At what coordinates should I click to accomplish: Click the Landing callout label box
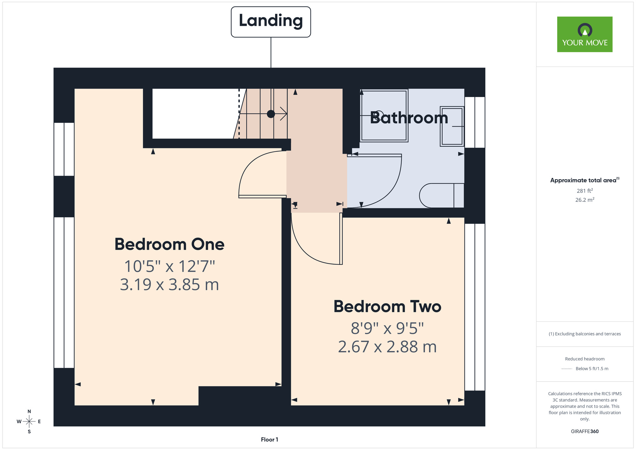coord(271,22)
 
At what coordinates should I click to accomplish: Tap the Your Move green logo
coord(584,34)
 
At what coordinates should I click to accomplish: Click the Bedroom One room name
coord(169,244)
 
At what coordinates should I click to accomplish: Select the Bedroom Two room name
coord(387,306)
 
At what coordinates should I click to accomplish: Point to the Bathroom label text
coord(409,118)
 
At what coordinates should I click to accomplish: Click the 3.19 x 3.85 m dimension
coord(169,285)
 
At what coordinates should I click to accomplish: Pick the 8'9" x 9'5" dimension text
coord(387,328)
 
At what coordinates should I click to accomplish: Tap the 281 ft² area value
coord(584,191)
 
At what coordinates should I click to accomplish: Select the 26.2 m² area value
coord(584,200)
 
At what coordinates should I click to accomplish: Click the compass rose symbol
coord(29,422)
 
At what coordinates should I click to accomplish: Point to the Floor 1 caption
coord(269,439)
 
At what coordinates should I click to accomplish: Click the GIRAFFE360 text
coord(584,432)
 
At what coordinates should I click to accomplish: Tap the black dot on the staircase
coord(271,114)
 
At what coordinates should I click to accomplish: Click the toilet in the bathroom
coord(442,195)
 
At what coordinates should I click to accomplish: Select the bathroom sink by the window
coord(452,126)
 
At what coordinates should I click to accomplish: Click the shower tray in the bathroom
coord(384,116)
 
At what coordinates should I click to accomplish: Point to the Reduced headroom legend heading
coord(584,359)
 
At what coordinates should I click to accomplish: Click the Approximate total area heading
coord(584,180)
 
